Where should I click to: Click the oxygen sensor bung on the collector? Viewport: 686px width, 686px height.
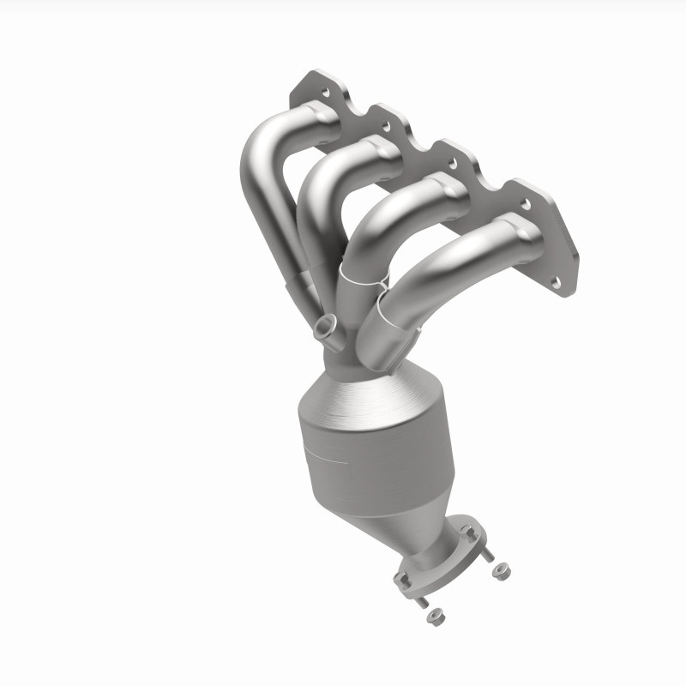click(324, 328)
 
